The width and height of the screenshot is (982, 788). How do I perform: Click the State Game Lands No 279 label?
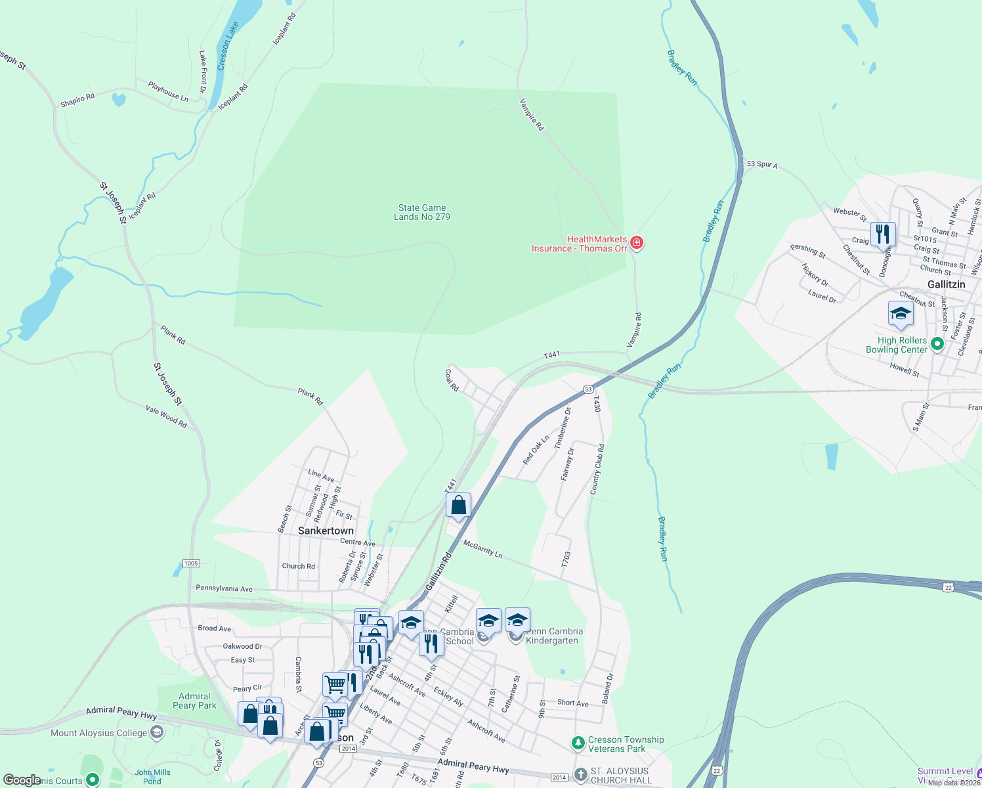(422, 212)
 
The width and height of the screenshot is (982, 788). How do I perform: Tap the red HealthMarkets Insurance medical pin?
(636, 243)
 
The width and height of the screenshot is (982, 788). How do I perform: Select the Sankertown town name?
(326, 531)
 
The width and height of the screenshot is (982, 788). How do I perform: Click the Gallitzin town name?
(946, 284)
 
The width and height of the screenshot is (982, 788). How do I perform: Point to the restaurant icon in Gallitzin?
(883, 234)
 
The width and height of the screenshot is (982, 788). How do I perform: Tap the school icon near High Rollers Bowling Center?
(901, 313)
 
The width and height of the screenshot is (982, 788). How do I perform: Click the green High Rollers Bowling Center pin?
(937, 343)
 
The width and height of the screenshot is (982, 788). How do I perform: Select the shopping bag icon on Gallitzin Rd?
(458, 506)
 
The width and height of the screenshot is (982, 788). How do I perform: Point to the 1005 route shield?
(191, 563)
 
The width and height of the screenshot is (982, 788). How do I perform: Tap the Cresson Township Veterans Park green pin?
(578, 743)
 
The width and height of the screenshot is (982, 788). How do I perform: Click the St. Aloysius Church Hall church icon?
(580, 774)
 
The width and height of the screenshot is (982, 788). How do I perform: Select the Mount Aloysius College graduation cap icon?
(157, 733)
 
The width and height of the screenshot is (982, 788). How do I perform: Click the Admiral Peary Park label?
(194, 701)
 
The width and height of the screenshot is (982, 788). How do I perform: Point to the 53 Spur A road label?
(761, 164)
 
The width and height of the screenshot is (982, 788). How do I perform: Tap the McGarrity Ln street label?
(482, 548)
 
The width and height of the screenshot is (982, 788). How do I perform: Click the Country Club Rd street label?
(597, 469)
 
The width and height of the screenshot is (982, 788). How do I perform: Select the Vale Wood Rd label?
(166, 416)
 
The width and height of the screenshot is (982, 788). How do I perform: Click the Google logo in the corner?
(22, 780)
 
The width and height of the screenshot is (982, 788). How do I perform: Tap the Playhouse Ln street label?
(168, 91)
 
